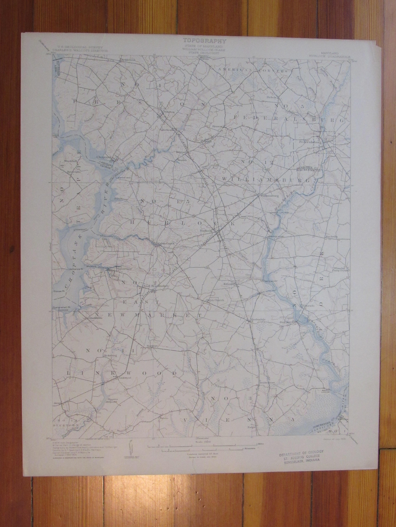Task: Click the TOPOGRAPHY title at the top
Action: click(205, 41)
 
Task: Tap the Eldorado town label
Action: click(308, 306)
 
